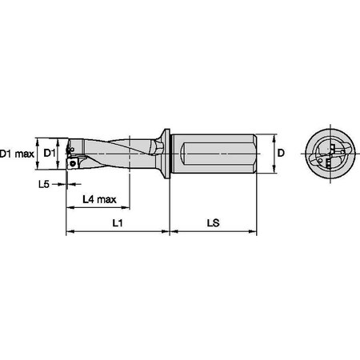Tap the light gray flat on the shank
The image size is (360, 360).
click(214, 151)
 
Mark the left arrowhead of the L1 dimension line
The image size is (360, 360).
click(67, 234)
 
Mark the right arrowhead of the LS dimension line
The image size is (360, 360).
click(256, 234)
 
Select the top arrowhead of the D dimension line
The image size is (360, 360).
click(275, 134)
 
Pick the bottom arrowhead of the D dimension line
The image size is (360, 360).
click(275, 169)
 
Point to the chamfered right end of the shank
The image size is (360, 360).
click(255, 151)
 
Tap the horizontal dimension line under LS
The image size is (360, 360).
click(214, 234)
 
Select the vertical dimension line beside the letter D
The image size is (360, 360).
click(275, 152)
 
